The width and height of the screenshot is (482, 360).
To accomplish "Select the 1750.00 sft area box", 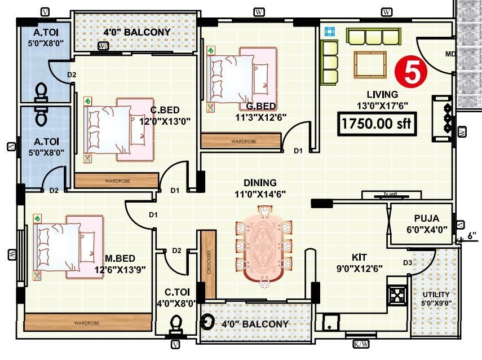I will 377,124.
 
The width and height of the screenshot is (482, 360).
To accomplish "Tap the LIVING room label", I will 382,94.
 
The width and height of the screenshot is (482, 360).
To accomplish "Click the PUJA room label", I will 426,218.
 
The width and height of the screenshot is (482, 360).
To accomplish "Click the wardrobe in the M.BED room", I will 87,322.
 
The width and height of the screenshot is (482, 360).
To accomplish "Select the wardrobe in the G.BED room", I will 241,141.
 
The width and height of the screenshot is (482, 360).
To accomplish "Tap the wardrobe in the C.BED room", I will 117,181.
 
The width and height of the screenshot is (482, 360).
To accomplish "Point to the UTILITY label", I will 436,295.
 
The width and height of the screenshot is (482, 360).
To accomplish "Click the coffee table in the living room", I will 370,64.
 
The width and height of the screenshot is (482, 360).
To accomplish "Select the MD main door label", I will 449,55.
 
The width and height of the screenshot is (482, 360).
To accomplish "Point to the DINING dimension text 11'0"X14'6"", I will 260,194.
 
